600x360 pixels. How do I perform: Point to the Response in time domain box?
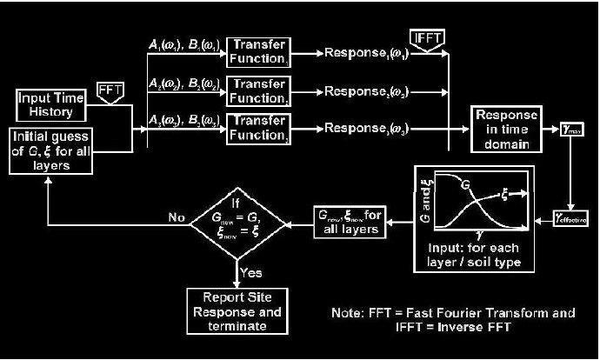click(x=506, y=130)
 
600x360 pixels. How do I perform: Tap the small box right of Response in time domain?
click(x=568, y=129)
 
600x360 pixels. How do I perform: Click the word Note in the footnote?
click(x=347, y=312)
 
